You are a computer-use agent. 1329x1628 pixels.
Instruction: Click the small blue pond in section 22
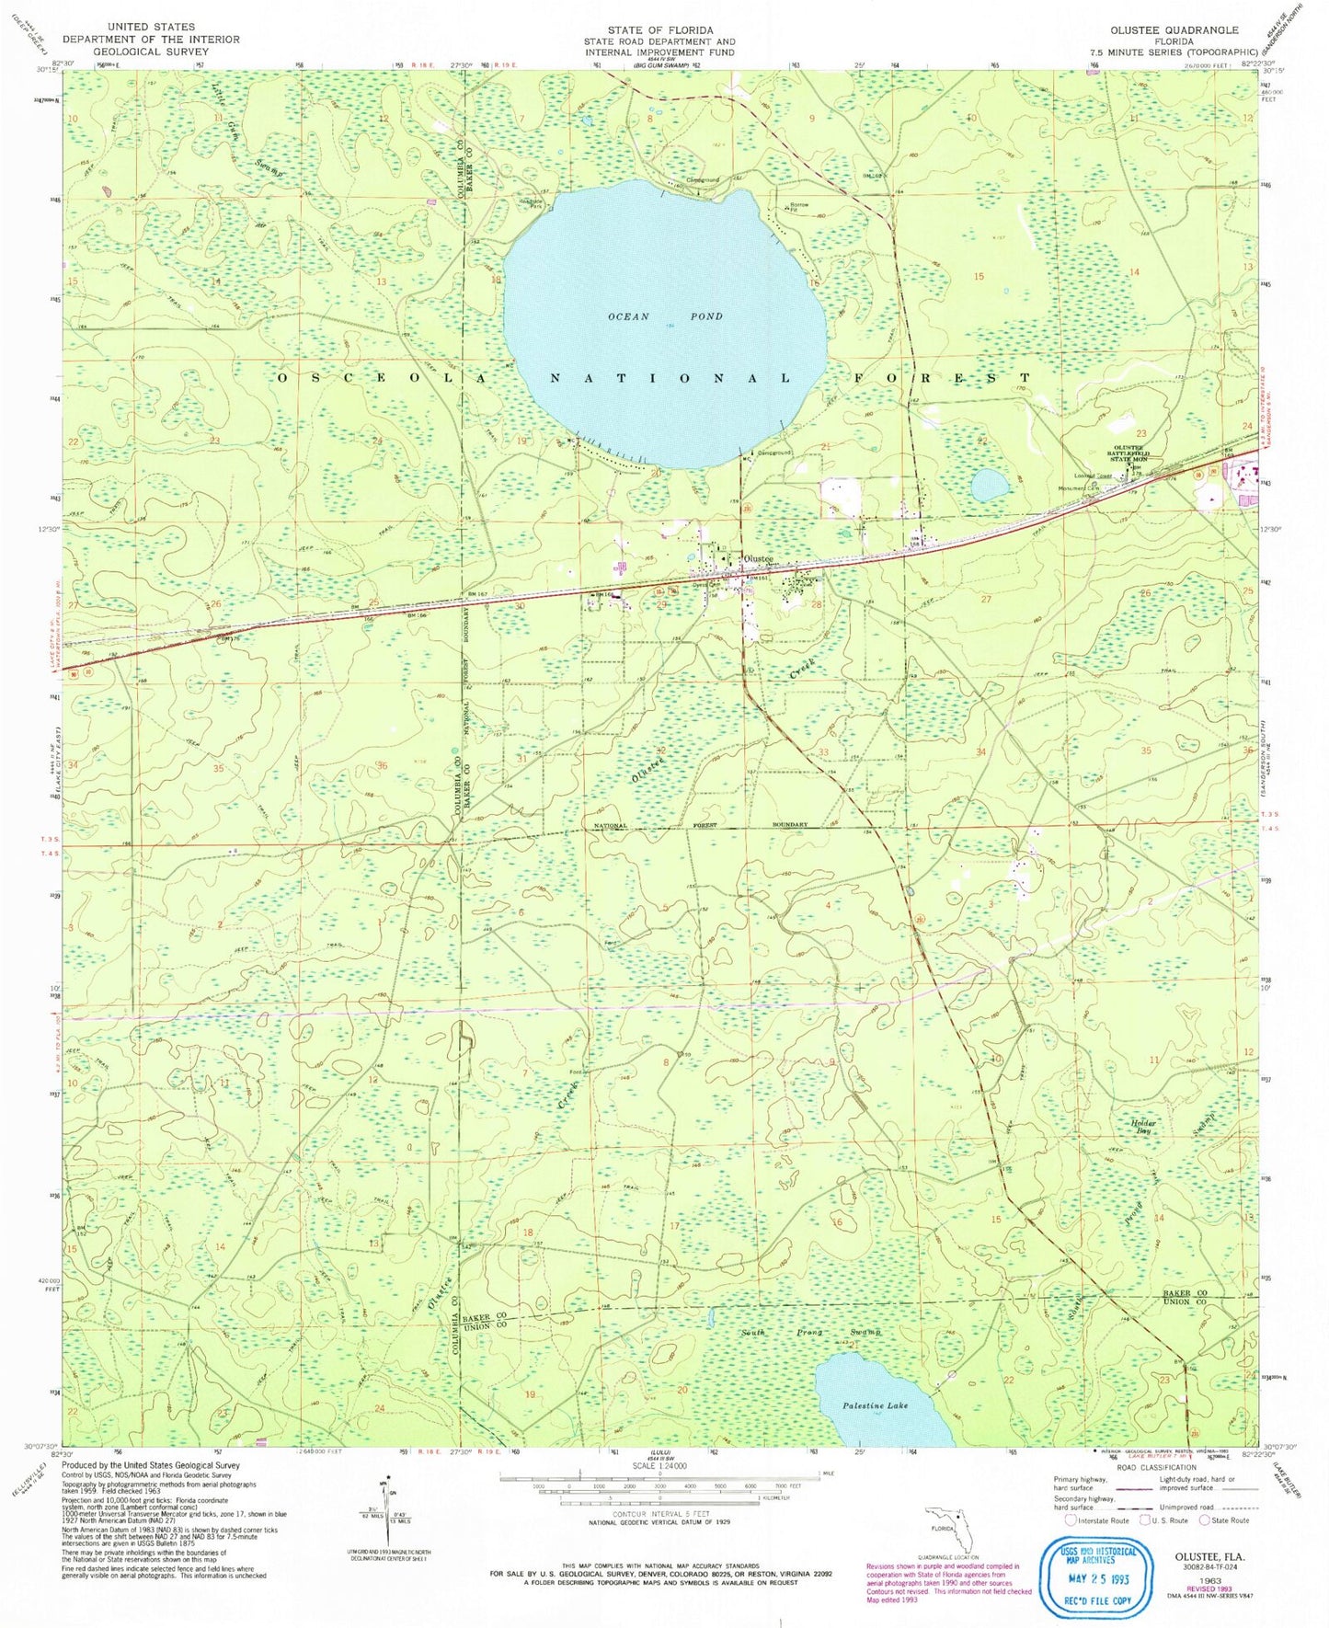click(x=990, y=485)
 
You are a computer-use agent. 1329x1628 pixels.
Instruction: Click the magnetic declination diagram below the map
click(x=386, y=1507)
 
